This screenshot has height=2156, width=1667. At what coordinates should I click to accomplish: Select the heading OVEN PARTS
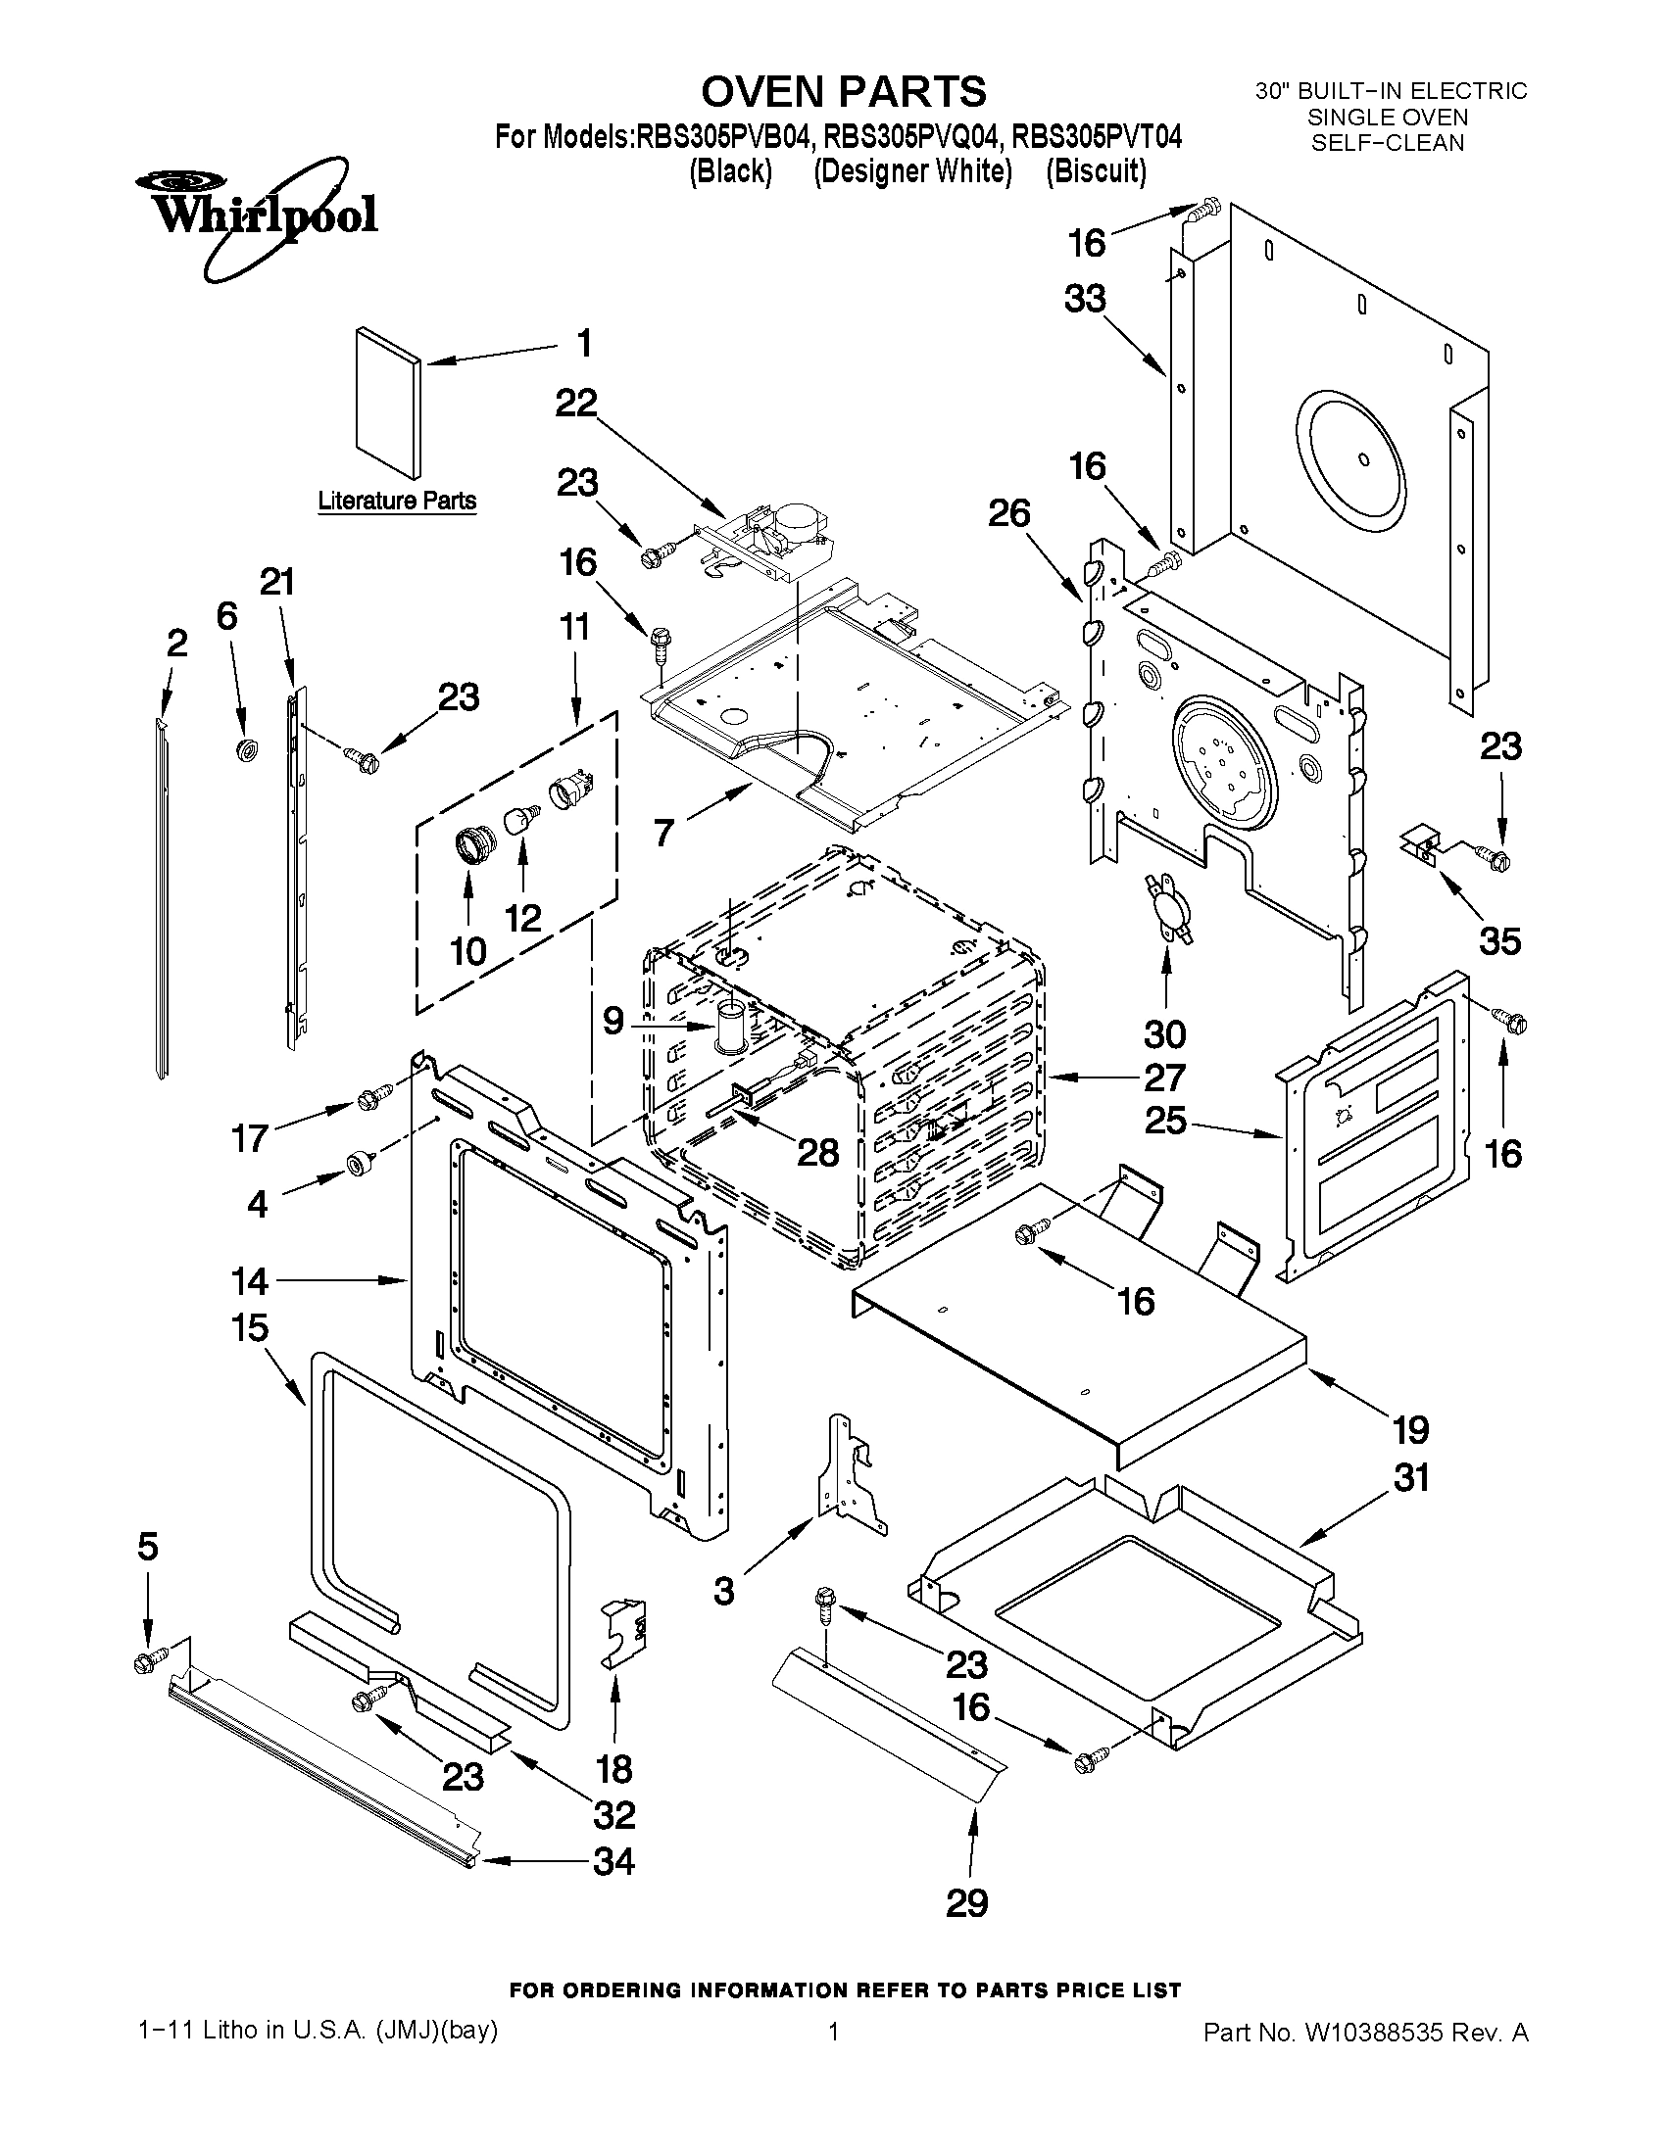pos(843,92)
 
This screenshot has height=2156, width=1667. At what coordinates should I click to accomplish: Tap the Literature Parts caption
pos(396,502)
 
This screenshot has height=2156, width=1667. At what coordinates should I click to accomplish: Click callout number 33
pos(1084,298)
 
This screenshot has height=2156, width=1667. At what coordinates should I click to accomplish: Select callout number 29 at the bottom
pos(966,1902)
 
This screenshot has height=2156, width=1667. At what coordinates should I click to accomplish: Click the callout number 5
pos(147,1547)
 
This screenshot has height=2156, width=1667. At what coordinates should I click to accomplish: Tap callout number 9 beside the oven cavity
pos(613,1021)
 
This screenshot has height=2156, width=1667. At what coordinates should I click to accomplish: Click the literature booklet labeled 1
pos(387,403)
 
